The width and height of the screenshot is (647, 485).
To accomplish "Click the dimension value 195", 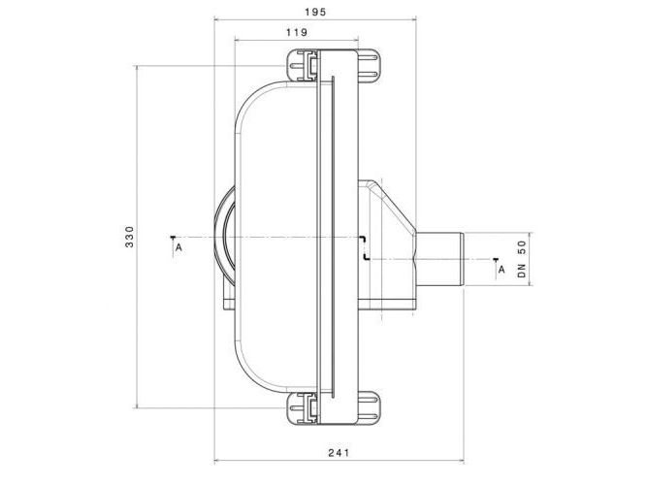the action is point(315,12).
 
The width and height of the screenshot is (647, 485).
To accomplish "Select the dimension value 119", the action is point(297,32).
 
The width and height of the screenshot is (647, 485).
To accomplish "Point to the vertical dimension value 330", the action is point(130,237).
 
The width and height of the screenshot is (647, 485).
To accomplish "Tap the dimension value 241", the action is point(339,452).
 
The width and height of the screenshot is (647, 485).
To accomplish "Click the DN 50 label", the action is point(522,259).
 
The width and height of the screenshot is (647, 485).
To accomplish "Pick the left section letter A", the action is point(178,247).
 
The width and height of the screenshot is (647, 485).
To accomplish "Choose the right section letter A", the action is point(501,270).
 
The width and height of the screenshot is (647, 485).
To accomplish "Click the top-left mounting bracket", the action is point(302,66).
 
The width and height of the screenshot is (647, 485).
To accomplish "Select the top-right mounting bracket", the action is point(369,66).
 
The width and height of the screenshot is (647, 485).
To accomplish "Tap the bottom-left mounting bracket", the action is point(302,407).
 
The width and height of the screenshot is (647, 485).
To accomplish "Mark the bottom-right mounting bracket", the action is point(369,407).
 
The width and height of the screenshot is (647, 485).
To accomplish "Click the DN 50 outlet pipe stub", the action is point(439,259).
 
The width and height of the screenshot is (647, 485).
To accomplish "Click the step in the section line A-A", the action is point(364,248).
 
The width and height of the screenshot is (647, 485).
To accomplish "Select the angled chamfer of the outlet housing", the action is point(396,208).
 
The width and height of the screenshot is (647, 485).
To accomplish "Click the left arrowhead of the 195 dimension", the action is point(216,18).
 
